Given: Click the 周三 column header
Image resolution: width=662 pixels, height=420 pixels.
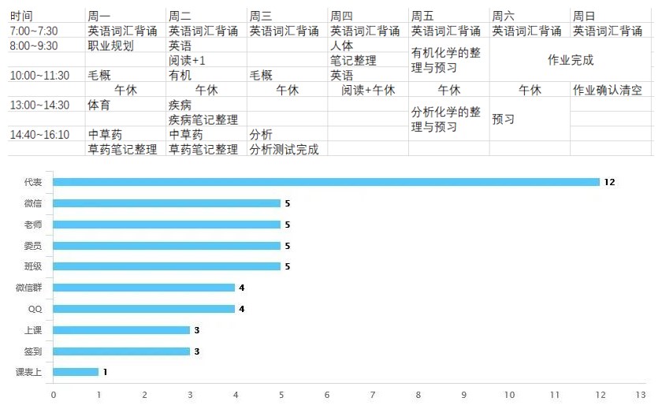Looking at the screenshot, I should point(261,16).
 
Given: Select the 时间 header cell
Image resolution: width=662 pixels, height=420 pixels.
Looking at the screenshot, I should point(21,16).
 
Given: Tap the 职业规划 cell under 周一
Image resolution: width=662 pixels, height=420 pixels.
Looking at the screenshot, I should point(110,46).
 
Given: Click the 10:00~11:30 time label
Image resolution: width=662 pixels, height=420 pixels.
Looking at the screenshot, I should point(39,76).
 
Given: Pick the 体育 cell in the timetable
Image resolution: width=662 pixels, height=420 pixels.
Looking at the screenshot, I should point(99,105).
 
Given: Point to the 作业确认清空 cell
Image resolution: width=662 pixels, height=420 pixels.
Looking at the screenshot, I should point(611,90).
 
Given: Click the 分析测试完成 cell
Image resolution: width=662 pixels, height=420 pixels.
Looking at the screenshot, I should point(284,150).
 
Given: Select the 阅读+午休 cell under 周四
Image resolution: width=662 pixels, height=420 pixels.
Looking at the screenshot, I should point(368,90).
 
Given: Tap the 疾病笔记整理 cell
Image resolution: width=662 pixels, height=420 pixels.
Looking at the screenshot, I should point(203,120).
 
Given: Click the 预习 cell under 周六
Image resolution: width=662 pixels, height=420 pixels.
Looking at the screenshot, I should point(504,120).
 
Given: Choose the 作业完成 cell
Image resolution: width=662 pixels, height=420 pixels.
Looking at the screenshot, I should point(571,60).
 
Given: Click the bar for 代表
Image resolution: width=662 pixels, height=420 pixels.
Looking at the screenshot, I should point(326,182).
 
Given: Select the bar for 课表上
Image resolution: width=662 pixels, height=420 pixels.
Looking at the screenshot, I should point(76,372).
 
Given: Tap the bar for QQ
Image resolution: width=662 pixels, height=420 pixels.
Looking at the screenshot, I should point(144,309).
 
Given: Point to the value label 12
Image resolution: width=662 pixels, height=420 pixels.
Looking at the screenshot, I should point(609,182).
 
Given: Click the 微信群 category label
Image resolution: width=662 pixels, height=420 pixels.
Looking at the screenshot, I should point(29,288).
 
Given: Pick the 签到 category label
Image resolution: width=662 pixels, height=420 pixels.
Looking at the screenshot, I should point(33,351).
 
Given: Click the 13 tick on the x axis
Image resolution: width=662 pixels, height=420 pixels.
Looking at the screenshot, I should point(641,394).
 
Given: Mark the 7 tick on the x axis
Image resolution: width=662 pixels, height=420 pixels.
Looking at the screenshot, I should point(372,394).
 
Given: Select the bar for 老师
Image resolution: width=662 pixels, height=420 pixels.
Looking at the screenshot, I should point(167,225).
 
